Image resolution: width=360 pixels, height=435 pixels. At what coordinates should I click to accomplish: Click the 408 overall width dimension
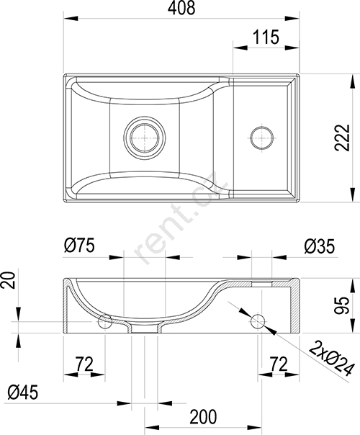[x=181, y=8]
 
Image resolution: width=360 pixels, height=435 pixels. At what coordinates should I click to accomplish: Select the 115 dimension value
[x=266, y=37]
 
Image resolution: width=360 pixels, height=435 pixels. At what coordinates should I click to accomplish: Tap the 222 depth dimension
[x=343, y=138]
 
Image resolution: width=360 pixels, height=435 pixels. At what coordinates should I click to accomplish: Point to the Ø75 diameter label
[x=79, y=246]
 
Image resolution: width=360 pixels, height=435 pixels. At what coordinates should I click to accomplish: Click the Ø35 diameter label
[x=320, y=246]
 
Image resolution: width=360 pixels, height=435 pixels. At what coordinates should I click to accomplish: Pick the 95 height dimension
[x=341, y=305]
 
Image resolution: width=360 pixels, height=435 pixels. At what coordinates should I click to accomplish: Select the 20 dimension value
[x=9, y=280]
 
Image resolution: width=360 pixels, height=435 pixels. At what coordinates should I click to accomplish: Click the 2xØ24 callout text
[x=332, y=358]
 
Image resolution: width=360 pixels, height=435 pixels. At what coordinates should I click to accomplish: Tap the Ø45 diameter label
[x=23, y=393]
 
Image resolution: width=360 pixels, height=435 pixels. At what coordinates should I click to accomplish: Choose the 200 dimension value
[x=203, y=417]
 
